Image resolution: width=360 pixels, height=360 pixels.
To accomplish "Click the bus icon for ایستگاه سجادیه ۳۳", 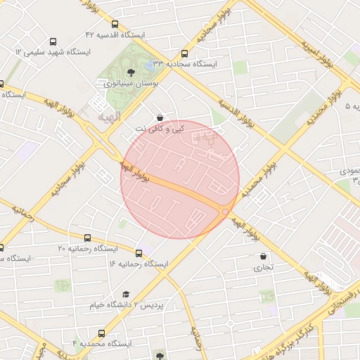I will coord(184,53).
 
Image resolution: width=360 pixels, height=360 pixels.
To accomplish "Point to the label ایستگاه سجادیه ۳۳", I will coord(186,63).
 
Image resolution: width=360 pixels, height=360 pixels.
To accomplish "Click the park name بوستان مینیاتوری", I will coord(131,82).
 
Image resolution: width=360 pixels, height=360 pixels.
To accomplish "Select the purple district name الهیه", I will coord(109,115).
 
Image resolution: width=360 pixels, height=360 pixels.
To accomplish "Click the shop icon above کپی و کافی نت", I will coord(160,118).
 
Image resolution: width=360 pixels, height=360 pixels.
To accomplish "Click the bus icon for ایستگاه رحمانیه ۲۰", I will coord(87,238).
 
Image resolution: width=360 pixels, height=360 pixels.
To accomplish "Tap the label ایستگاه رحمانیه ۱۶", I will coord(139,264).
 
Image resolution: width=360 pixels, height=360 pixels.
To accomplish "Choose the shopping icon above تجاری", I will coord(264,257).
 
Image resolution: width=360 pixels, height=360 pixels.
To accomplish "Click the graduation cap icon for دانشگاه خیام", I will coord(126,295).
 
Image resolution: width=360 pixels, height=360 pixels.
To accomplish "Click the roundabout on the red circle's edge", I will coord(225,211).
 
